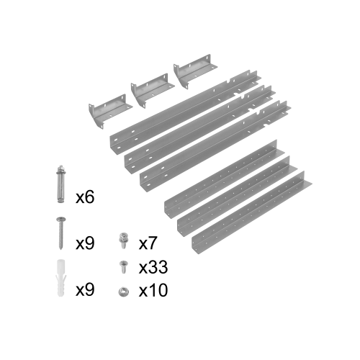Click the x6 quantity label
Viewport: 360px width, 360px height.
click(85, 197)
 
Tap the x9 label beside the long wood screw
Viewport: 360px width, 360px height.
click(85, 243)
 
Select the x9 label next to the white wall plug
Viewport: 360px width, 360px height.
click(85, 289)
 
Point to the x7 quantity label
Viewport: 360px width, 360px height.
click(148, 243)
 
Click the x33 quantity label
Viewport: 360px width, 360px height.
click(153, 267)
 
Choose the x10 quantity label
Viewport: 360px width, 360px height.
click(153, 290)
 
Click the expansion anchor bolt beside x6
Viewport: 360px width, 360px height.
click(61, 184)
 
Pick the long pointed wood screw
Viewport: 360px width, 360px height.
click(61, 233)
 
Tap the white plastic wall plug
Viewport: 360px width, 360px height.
click(61, 278)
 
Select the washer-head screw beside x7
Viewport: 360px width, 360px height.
click(124, 240)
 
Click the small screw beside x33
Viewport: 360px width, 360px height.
click(124, 267)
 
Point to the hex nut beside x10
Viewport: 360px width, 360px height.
click(124, 292)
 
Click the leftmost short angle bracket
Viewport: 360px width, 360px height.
click(109, 112)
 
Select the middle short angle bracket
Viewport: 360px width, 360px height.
click(152, 91)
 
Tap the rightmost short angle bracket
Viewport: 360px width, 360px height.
click(194, 71)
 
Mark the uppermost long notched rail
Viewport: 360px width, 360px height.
click(185, 113)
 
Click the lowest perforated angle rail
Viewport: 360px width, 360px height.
click(251, 212)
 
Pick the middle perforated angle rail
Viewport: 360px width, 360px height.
click(236, 197)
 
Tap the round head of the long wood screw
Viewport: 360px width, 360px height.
click(61, 219)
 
